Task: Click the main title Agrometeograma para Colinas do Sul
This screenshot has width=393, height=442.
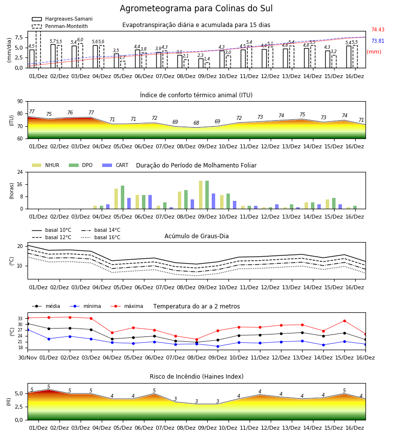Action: [x=196, y=8]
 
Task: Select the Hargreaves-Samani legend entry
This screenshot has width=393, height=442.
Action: [x=62, y=19]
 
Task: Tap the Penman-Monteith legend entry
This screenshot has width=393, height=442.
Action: [x=60, y=26]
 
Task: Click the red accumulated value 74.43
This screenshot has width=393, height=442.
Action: [x=378, y=29]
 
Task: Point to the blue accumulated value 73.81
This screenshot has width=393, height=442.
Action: [x=378, y=41]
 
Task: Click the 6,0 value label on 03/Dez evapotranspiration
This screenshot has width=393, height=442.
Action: [x=80, y=40]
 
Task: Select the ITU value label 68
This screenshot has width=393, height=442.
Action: [x=196, y=123]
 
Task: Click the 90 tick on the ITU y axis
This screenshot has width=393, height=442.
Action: [x=20, y=102]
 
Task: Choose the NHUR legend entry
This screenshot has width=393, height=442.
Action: [x=46, y=165]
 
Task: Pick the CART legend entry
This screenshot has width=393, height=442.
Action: [x=115, y=165]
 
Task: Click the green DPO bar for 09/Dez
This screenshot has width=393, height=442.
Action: [x=207, y=195]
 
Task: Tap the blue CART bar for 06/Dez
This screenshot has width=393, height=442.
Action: [x=150, y=202]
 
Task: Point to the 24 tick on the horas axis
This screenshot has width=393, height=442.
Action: [x=20, y=172]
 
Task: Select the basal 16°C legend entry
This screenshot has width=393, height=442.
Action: [x=101, y=237]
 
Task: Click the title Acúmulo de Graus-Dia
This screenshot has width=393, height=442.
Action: [x=196, y=236]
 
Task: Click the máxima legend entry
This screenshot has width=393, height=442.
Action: [x=127, y=306]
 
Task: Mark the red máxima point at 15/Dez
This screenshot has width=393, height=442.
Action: [x=344, y=321]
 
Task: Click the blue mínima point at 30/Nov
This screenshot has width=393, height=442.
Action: [x=28, y=330]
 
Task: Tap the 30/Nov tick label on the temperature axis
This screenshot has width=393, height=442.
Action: [x=28, y=358]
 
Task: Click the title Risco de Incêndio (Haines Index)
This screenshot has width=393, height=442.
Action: [x=196, y=377]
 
